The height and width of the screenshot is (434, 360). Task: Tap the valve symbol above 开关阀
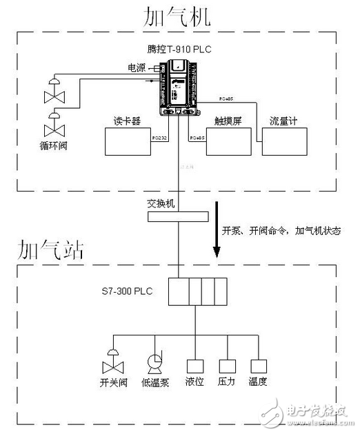(x=109, y=362)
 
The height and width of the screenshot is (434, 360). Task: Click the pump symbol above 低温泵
(x=154, y=363)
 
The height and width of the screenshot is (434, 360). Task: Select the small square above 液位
(x=194, y=365)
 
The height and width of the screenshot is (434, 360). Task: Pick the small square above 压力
(x=227, y=365)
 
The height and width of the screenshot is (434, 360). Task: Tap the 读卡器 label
(x=127, y=121)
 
